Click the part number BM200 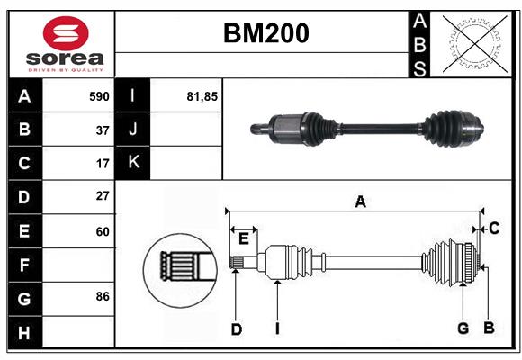(x=265, y=33)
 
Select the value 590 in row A (x=99, y=96)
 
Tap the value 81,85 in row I (x=202, y=96)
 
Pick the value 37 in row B (x=103, y=130)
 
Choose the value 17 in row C (x=103, y=164)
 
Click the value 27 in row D (x=103, y=196)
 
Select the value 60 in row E (x=103, y=231)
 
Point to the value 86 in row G (x=103, y=296)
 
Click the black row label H (x=24, y=332)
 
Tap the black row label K (x=133, y=163)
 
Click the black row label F (x=24, y=265)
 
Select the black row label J (x=133, y=130)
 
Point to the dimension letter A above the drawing (x=360, y=202)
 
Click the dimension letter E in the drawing (x=243, y=238)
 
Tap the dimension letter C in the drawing (x=494, y=229)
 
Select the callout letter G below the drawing (x=463, y=328)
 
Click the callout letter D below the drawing (x=236, y=329)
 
